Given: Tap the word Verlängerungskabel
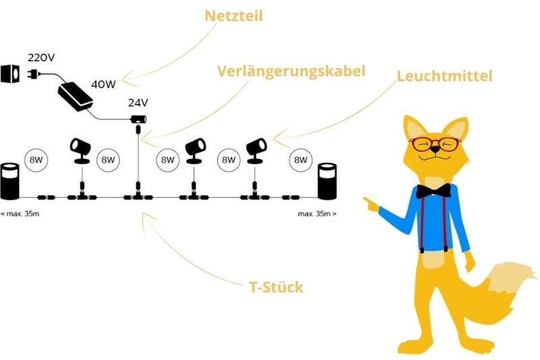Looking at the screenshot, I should click(291, 70).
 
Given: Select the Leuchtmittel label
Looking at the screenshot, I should click(444, 76).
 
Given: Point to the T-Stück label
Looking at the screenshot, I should click(276, 287).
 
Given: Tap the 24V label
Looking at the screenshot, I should click(138, 103).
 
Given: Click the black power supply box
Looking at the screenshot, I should click(76, 95).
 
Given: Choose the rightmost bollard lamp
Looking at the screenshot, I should click(327, 180).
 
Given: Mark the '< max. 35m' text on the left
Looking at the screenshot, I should click(20, 213).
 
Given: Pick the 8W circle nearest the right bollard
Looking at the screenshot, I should click(299, 160).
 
